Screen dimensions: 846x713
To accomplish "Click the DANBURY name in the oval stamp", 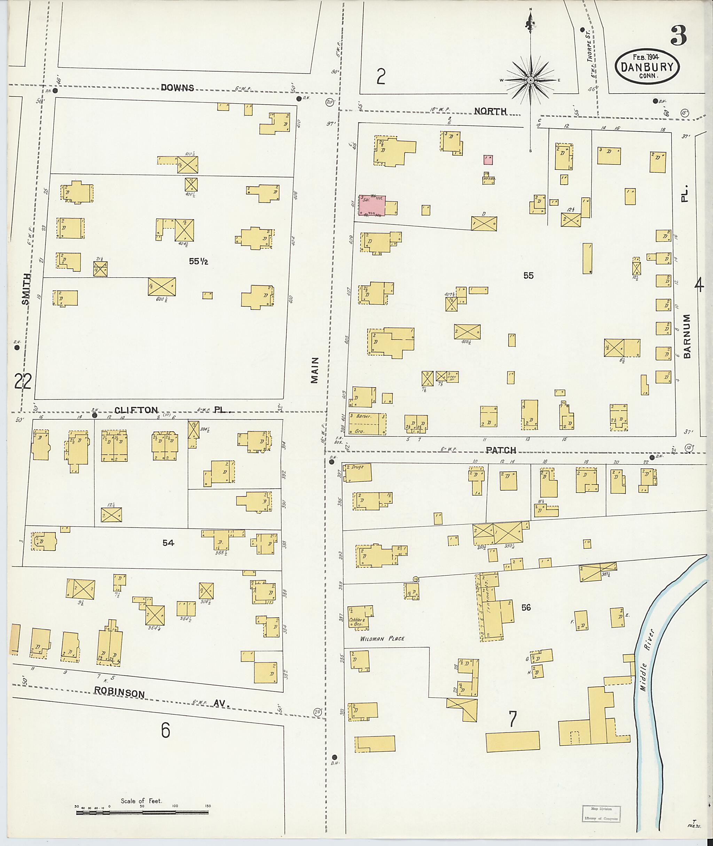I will (x=647, y=67).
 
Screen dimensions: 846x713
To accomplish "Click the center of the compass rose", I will (x=530, y=80).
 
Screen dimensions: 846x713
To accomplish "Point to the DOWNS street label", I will (x=178, y=87).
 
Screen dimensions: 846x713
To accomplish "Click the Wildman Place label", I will (x=382, y=639).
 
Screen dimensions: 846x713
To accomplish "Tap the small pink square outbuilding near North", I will (x=488, y=159).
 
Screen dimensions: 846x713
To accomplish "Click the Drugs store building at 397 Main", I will (x=357, y=473).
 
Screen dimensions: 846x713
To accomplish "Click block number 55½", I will (x=198, y=262).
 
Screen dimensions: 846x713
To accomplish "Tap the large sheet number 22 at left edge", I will (x=23, y=381).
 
